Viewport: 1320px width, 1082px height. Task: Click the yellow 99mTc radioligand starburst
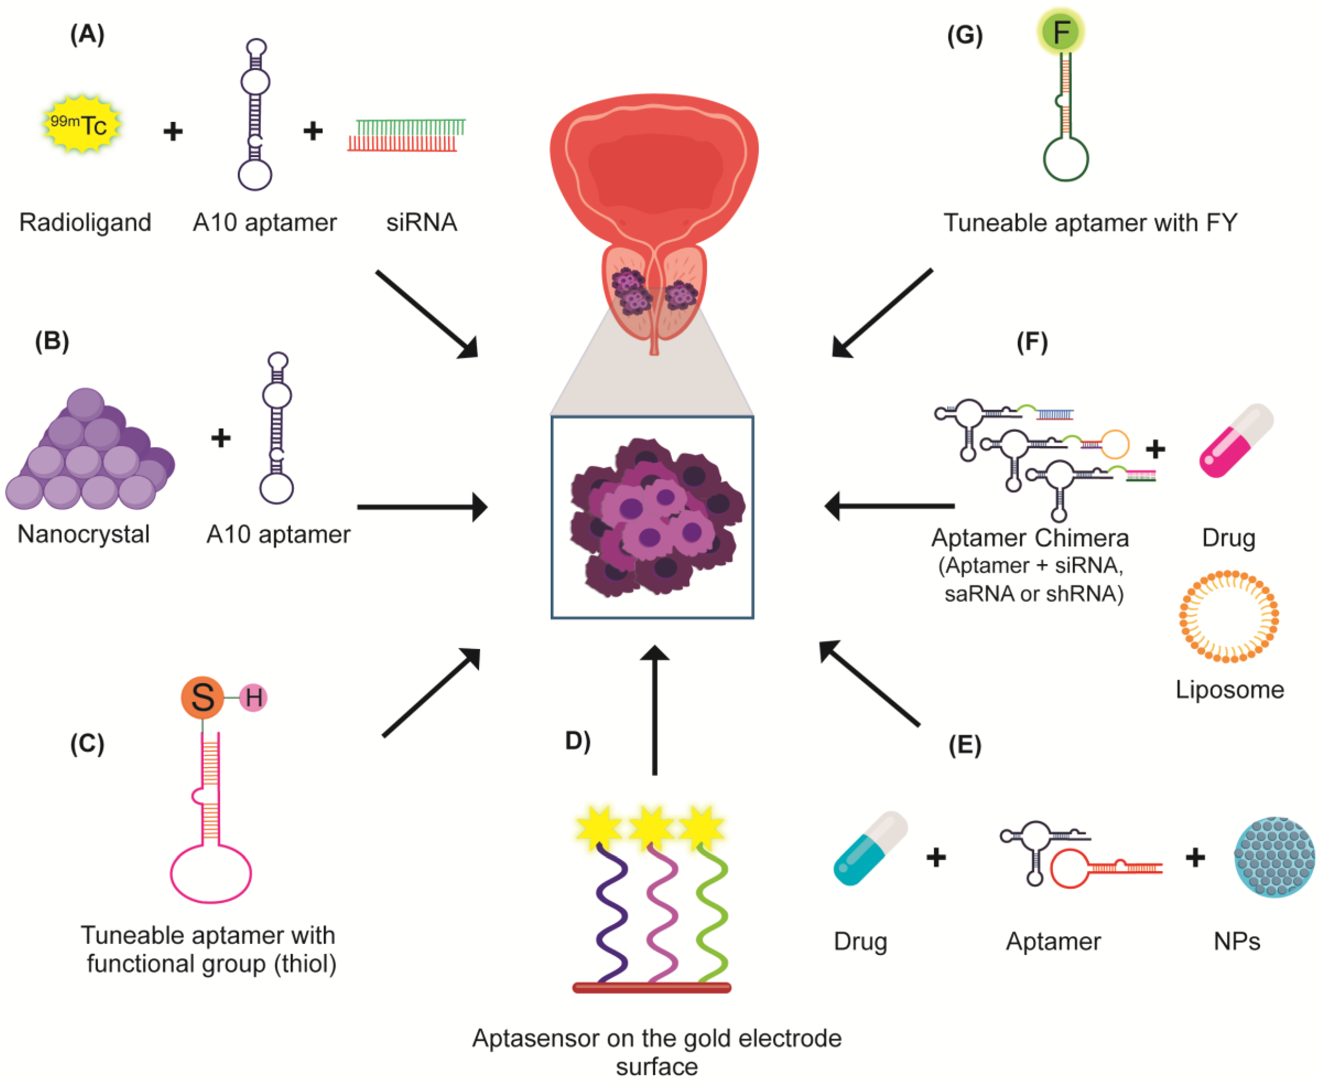click(81, 124)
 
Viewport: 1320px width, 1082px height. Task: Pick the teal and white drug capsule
click(870, 848)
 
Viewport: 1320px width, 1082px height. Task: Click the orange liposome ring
click(1229, 616)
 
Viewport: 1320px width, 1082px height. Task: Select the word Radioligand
click(85, 223)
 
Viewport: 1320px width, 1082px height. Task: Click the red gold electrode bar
click(651, 987)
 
